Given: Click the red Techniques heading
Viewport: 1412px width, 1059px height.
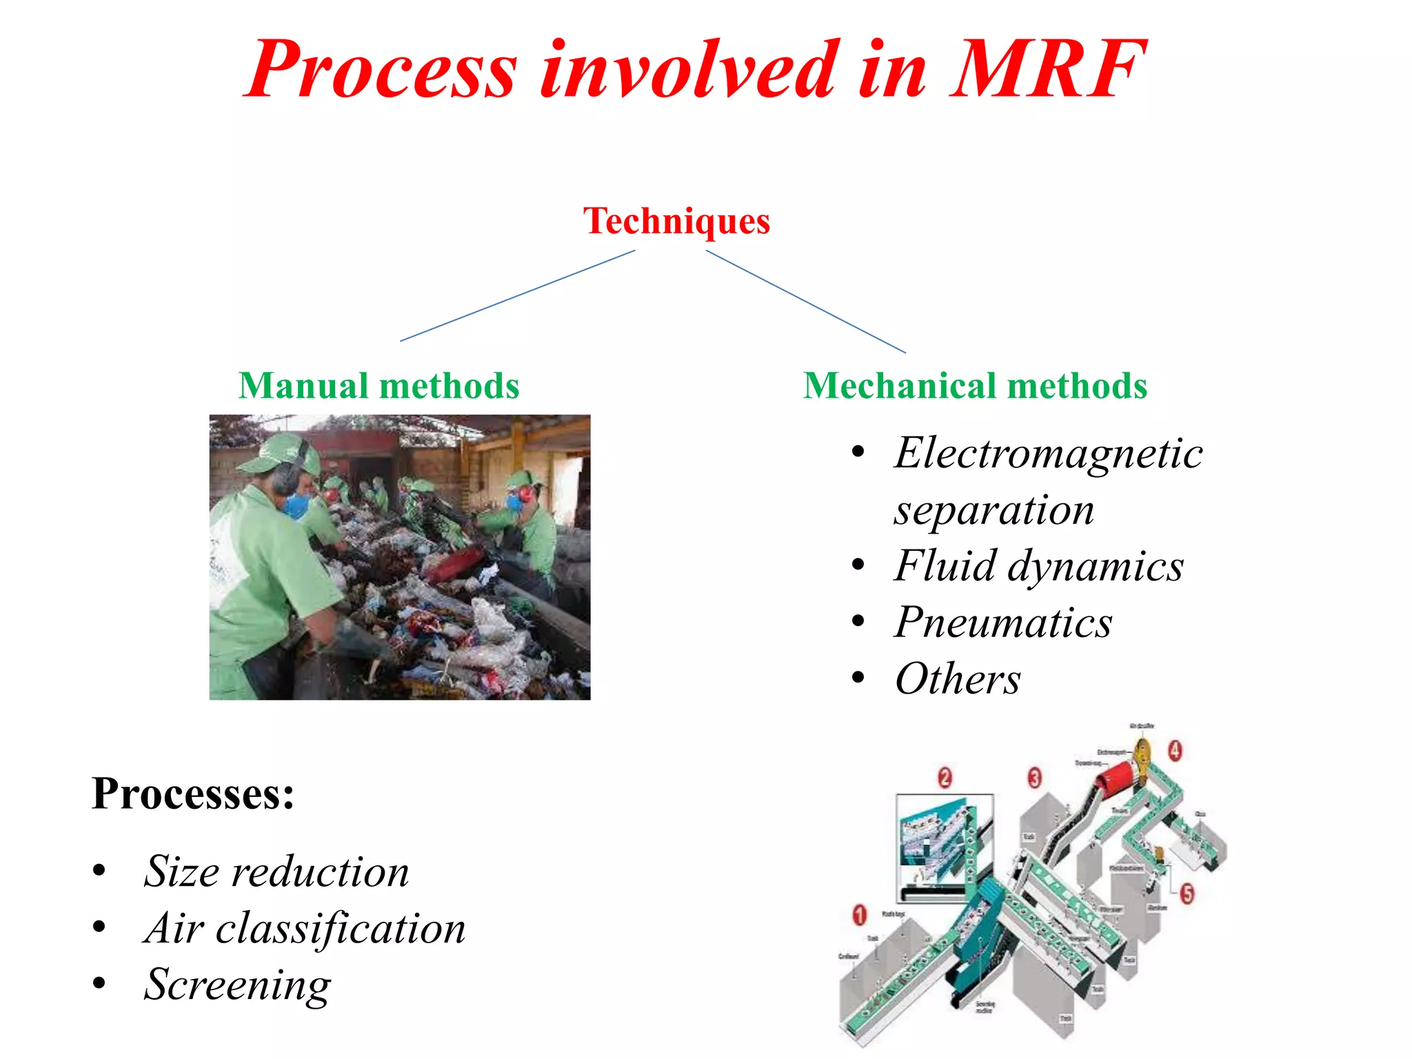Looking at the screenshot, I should (x=676, y=221).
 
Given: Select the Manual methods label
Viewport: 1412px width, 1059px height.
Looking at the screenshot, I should (x=379, y=385).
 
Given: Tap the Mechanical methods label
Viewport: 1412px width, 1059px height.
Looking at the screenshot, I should (x=975, y=385).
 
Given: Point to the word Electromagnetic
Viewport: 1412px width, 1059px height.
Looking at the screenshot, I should (x=1048, y=454).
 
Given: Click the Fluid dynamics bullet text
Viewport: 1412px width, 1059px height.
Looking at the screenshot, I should (x=1038, y=566).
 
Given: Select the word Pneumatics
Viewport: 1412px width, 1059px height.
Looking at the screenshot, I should (x=1003, y=623).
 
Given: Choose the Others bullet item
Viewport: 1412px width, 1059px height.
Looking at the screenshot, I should (x=957, y=679).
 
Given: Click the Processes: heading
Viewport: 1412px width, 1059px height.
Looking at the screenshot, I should (x=193, y=794).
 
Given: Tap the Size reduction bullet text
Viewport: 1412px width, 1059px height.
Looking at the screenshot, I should (x=276, y=871).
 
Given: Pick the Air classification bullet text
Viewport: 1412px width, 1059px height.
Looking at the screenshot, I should (x=304, y=928).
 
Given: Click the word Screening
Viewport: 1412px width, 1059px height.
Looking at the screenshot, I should (x=237, y=985).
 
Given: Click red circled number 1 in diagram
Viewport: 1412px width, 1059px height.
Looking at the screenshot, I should (x=859, y=916).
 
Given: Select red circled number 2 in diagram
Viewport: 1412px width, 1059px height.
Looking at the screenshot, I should (x=945, y=778).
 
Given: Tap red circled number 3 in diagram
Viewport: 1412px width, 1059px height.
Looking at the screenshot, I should (x=1034, y=778).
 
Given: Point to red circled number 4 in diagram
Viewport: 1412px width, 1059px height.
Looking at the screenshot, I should (x=1175, y=750).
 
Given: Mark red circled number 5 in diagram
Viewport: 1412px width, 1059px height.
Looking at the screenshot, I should (x=1187, y=894).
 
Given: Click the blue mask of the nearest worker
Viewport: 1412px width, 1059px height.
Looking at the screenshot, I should (x=296, y=506).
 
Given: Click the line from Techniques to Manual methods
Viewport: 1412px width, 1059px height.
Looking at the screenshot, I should (x=517, y=296).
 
